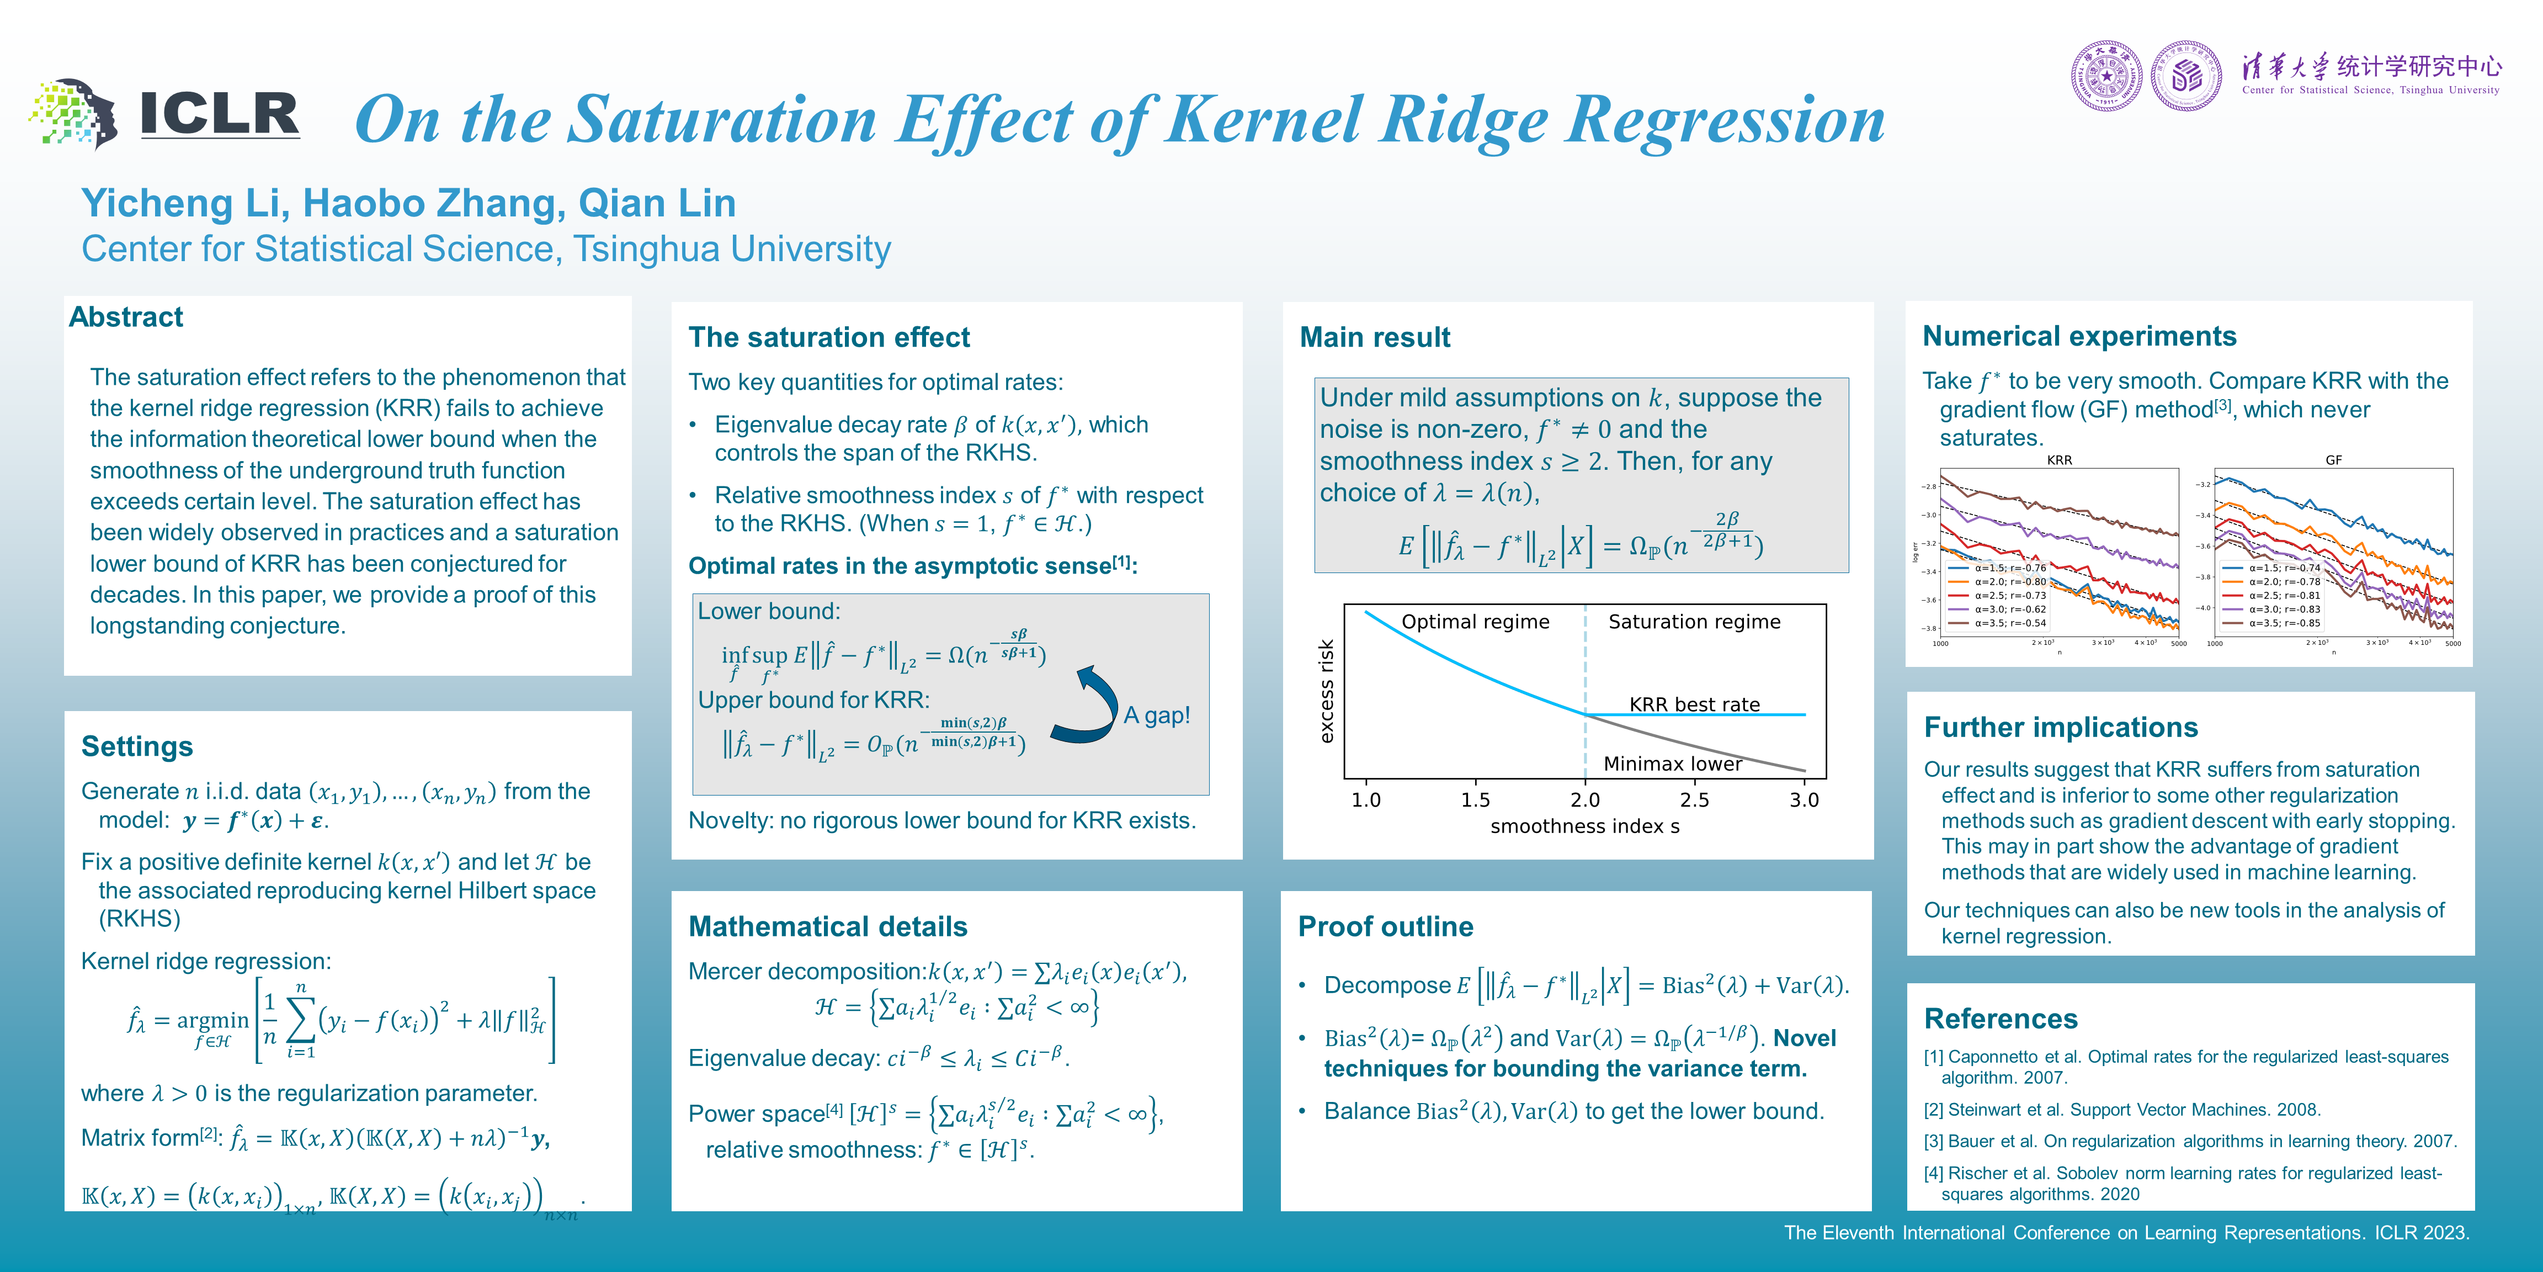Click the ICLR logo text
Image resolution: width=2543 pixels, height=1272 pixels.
click(219, 115)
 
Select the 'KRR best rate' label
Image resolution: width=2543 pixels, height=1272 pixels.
click(1694, 704)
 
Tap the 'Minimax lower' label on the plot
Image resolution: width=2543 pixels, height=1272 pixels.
click(1672, 764)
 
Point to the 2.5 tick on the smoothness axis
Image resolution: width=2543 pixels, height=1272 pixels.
click(1694, 800)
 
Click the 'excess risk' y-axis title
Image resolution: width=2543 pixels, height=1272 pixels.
click(1327, 691)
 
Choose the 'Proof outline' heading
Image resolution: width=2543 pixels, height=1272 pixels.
click(1385, 926)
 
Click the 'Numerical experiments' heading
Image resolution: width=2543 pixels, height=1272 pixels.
click(2079, 337)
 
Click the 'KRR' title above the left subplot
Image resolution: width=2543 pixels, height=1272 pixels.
click(2059, 460)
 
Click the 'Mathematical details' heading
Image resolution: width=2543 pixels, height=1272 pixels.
click(827, 926)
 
